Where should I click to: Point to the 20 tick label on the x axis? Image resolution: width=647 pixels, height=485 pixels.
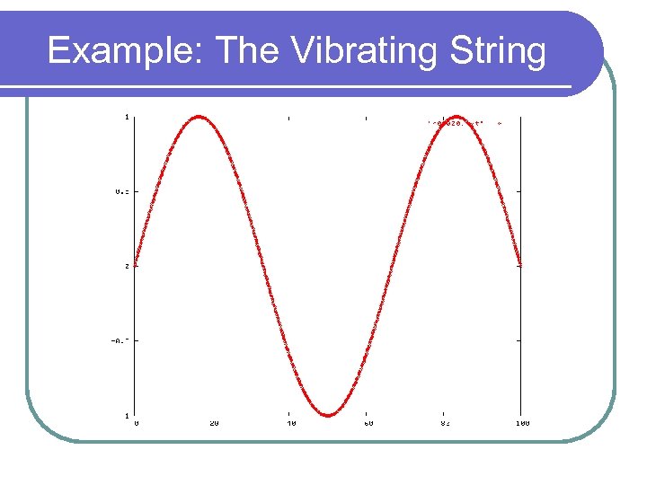pos(214,422)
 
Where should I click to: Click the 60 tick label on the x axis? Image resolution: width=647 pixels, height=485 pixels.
pos(368,422)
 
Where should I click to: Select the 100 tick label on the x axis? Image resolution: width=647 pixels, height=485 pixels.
pos(522,422)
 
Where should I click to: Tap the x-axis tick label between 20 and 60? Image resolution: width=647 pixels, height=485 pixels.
pos(290,422)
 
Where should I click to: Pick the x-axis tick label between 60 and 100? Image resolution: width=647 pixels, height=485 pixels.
pos(445,422)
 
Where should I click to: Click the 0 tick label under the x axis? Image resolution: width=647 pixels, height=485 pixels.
pos(137,422)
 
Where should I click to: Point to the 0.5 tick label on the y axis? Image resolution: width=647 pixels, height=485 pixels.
pos(121,191)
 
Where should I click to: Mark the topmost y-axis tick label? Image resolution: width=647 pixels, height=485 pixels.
pos(127,116)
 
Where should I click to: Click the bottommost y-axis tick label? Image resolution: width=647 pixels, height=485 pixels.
pos(127,415)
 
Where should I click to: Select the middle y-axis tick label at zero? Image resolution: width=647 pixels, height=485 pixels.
pos(127,266)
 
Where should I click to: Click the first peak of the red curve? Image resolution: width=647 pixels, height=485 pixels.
pos(199,117)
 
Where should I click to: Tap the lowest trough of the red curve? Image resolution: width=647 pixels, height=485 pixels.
pos(328,415)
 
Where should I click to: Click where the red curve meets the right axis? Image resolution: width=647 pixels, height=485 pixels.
pos(520,264)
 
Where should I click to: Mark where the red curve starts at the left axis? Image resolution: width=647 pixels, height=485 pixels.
pos(136,263)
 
